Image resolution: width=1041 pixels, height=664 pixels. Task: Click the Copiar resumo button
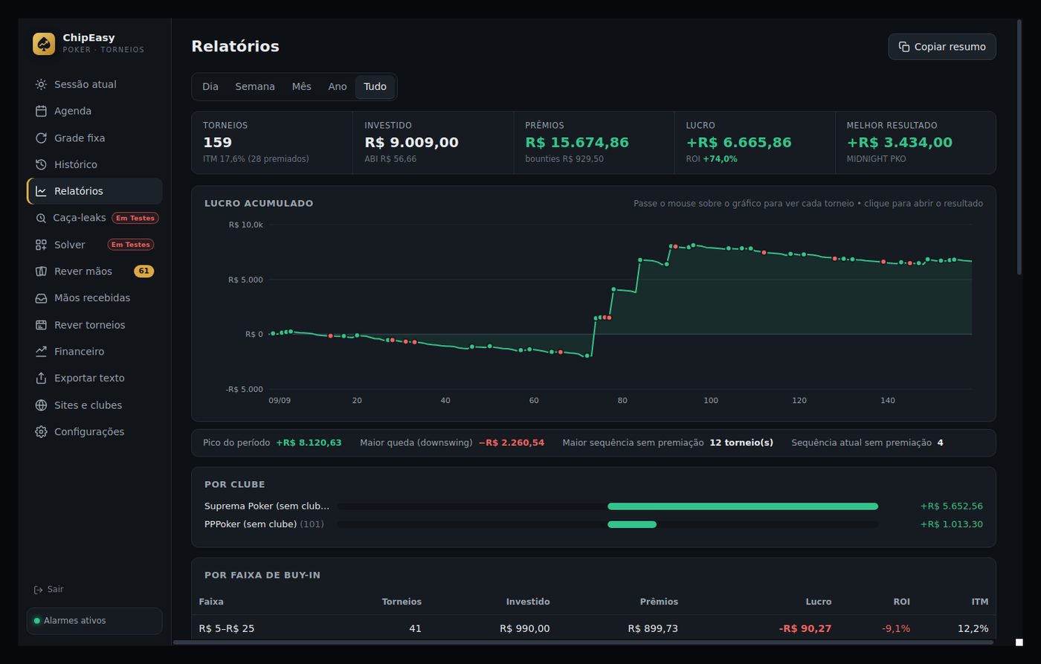[941, 46]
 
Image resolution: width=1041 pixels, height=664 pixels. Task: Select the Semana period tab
[254, 86]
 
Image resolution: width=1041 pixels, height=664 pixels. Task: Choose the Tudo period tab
[375, 86]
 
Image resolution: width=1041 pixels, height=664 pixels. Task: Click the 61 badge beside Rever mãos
[144, 271]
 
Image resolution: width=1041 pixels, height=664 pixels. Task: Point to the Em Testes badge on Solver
[131, 245]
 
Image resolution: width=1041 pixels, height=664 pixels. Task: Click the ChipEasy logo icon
[44, 44]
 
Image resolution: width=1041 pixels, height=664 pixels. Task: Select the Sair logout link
[49, 589]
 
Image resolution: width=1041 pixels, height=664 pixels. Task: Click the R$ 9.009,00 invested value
[411, 142]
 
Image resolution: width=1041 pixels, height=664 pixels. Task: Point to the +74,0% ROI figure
[720, 159]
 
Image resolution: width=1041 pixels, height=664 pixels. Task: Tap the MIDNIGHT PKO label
[876, 159]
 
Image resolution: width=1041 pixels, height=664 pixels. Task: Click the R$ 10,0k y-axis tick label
[245, 225]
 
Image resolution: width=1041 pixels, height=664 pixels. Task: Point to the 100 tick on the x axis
[711, 401]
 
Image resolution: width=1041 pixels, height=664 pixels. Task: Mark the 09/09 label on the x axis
[280, 401]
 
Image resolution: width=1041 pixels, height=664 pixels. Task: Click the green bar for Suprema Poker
[743, 506]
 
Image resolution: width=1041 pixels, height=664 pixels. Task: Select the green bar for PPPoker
[632, 524]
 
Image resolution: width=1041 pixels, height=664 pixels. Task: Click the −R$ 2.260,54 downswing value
[512, 443]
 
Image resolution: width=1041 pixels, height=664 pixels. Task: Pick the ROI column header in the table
[901, 602]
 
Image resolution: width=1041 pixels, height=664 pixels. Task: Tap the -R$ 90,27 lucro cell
[805, 629]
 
